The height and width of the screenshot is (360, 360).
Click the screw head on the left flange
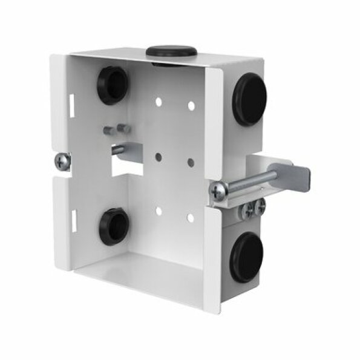point(62,162)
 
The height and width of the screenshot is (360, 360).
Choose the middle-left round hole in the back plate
point(159,156)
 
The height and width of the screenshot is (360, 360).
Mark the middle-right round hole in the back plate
point(190,162)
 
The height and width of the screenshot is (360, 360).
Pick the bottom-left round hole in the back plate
point(159,211)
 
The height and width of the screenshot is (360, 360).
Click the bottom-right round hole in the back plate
point(190,217)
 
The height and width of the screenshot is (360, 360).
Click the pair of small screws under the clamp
point(254,208)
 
